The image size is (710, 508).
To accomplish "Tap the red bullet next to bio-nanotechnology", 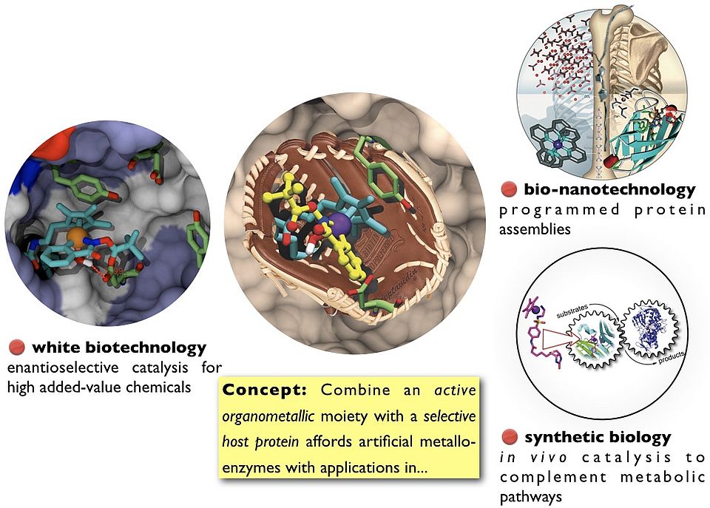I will pyautogui.click(x=507, y=190).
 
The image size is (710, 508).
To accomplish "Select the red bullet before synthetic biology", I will pyautogui.click(x=508, y=437).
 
